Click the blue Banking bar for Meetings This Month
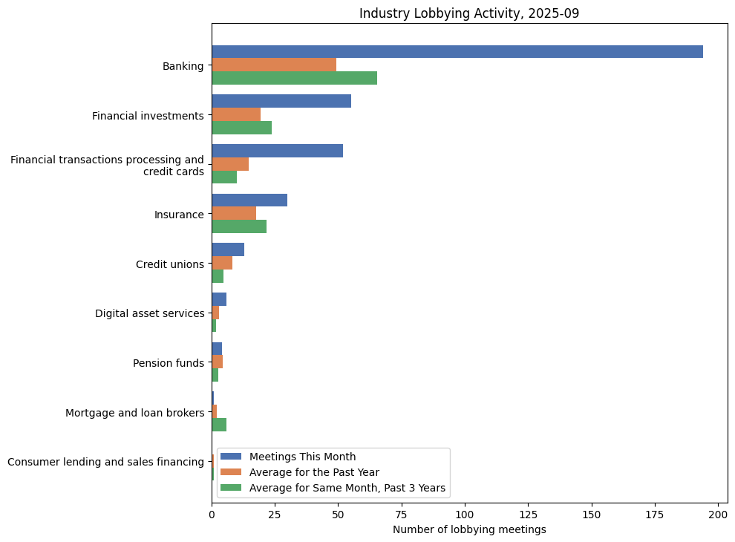[457, 51]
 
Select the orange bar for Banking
[274, 65]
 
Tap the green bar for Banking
[294, 78]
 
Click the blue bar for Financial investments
[281, 101]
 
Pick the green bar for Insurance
[239, 226]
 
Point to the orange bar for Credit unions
[222, 263]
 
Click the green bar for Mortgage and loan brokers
[219, 425]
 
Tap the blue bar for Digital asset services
[219, 299]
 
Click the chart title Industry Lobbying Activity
[469, 13]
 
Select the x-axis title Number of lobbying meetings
[469, 529]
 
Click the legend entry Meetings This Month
[302, 457]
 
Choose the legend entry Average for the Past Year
[314, 472]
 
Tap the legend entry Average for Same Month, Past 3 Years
[347, 488]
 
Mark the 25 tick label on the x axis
[275, 514]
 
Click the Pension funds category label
[168, 363]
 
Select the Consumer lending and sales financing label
[105, 462]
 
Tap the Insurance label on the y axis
[179, 215]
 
